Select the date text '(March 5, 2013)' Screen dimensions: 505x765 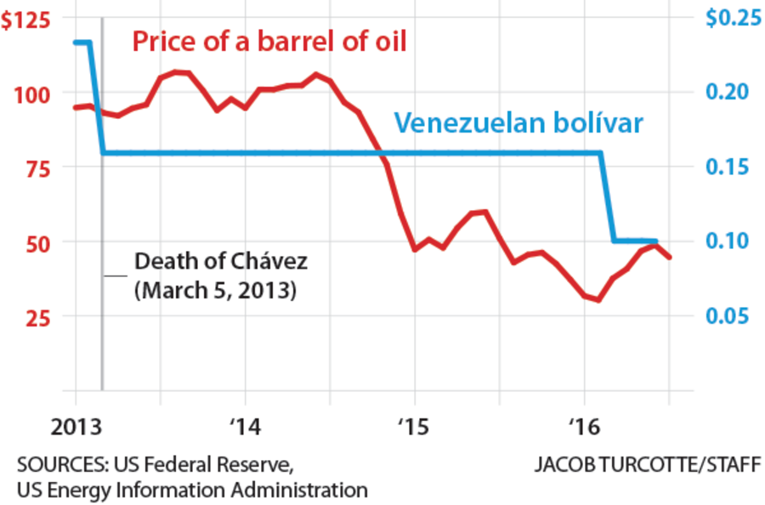(214, 289)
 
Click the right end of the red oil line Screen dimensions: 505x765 (670, 258)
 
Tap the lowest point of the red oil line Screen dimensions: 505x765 (599, 300)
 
